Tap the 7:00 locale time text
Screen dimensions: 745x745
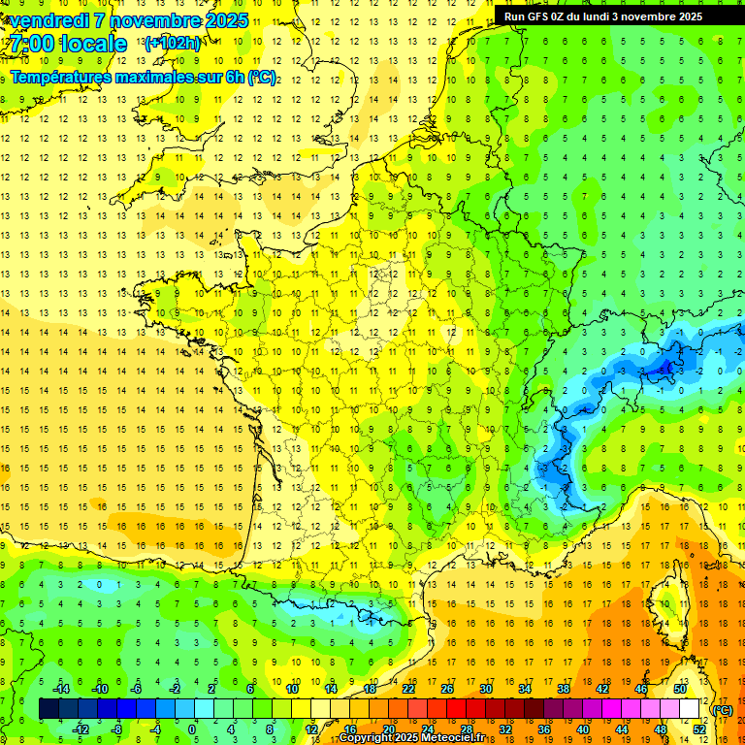[67, 44]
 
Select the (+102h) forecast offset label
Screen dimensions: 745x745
[172, 43]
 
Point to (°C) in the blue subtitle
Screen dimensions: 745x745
[261, 77]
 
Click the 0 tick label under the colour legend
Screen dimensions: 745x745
[191, 729]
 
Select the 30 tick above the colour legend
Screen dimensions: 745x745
[485, 689]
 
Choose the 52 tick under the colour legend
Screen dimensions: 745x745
[698, 729]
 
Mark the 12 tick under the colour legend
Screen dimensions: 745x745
[312, 729]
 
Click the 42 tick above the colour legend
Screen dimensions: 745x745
[601, 689]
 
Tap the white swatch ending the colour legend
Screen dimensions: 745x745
[690, 709]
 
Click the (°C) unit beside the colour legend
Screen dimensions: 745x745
[723, 710]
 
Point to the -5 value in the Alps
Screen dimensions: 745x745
[664, 370]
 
